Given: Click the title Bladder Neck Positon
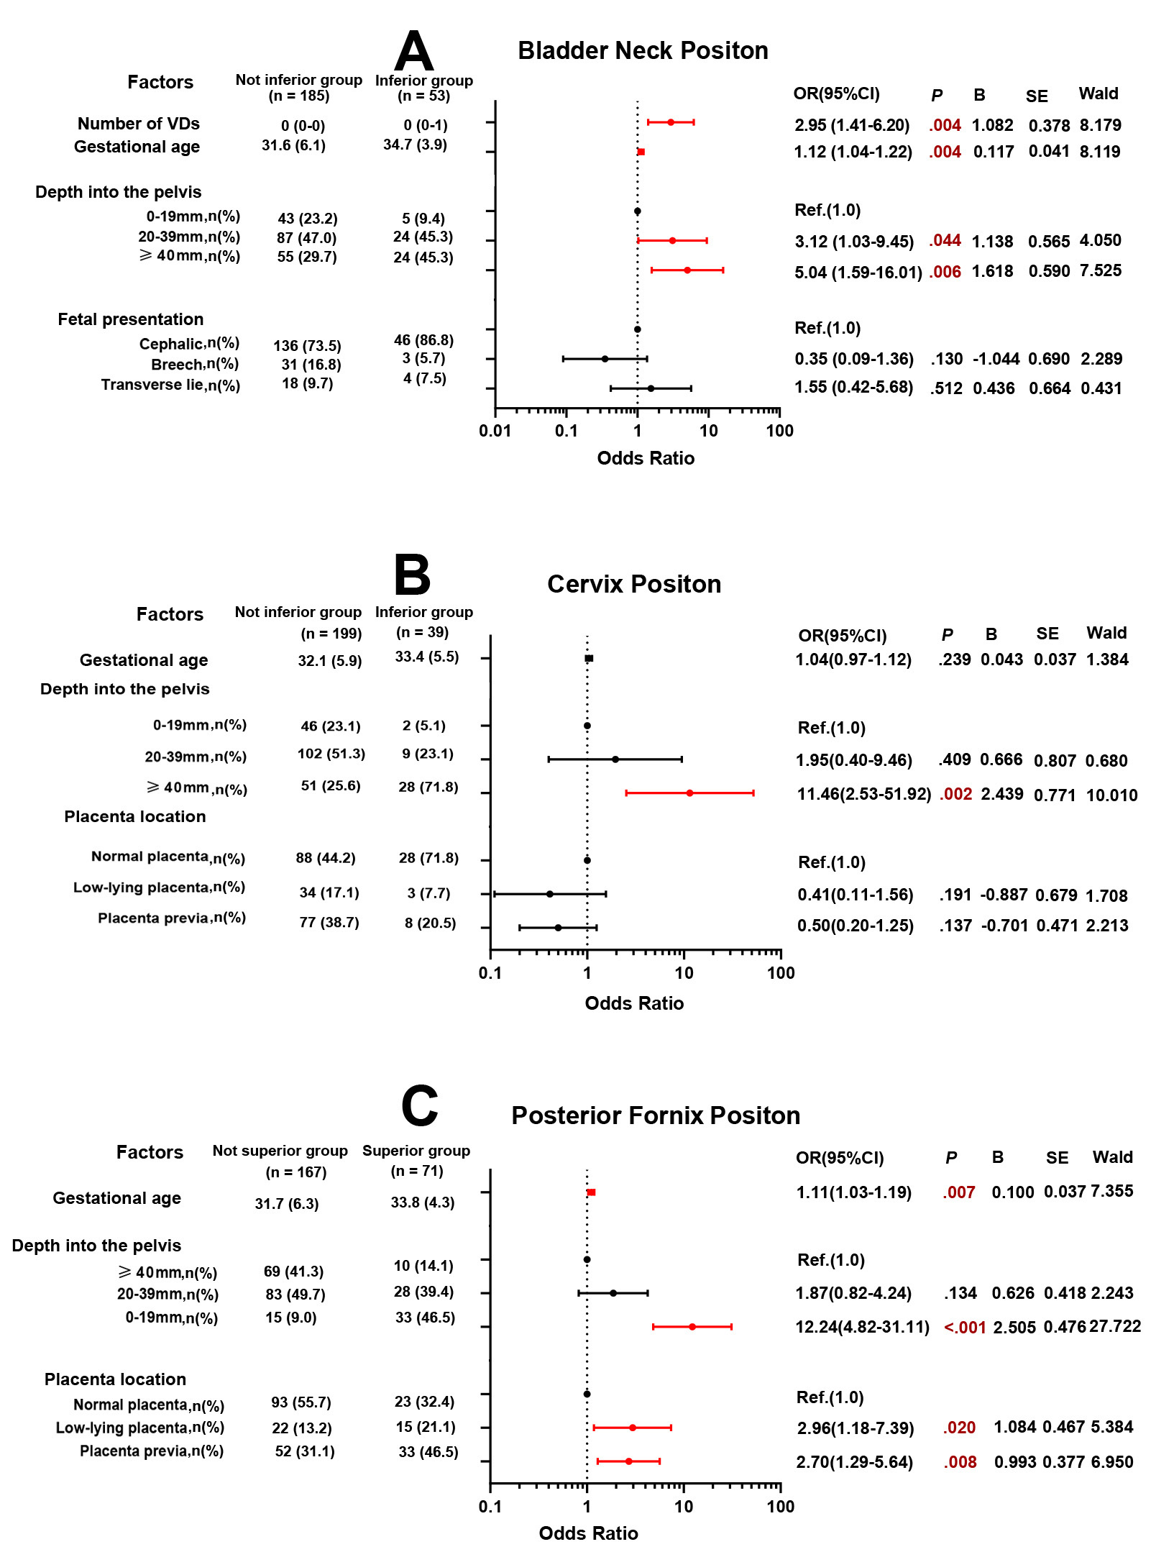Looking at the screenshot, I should (x=643, y=50).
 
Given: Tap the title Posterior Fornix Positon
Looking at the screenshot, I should (x=655, y=1115).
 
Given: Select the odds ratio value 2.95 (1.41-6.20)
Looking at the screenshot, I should (x=851, y=125).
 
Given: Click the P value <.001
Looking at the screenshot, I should (x=964, y=1327).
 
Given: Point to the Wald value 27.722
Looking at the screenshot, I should (x=1114, y=1325).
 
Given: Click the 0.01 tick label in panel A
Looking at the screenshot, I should (x=495, y=431).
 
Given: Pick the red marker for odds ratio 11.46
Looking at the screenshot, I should (x=689, y=793).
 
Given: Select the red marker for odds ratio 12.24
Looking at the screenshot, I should (x=692, y=1326).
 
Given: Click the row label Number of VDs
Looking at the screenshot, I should (x=138, y=124).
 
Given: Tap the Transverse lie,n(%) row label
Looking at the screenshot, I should (x=170, y=385).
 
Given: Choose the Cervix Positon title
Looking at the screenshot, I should (x=633, y=583).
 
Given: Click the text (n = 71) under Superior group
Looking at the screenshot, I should (x=417, y=1170).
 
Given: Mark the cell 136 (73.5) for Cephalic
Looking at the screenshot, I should (x=307, y=346).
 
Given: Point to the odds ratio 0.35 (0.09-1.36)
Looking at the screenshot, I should (x=853, y=358).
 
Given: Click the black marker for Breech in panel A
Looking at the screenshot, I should (x=605, y=358).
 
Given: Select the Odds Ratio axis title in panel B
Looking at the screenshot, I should (x=633, y=1003).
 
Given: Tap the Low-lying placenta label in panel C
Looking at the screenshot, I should (x=139, y=1428).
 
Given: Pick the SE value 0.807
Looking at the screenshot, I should (x=1055, y=760).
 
